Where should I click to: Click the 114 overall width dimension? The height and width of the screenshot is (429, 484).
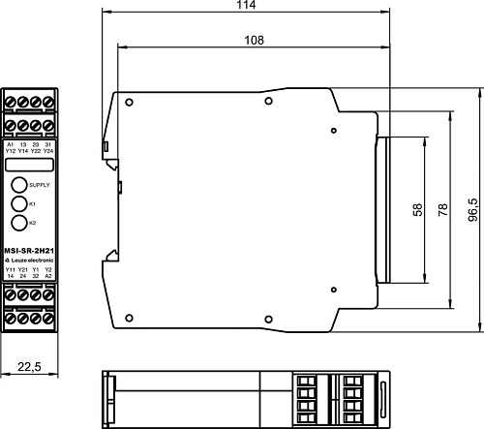click(246, 6)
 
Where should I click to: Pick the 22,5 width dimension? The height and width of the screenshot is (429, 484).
click(28, 367)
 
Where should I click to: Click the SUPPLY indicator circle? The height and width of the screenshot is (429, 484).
click(19, 184)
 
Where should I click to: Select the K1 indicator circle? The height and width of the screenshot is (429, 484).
click(19, 204)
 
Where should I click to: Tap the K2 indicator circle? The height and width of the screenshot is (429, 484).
click(19, 224)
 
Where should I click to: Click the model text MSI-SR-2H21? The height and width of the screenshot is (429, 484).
click(28, 250)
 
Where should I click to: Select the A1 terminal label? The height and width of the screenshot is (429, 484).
click(10, 144)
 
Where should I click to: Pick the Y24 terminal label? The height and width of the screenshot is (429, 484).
click(47, 151)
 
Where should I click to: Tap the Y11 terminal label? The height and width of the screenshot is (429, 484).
click(10, 269)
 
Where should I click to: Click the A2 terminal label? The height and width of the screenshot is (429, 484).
click(47, 276)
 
